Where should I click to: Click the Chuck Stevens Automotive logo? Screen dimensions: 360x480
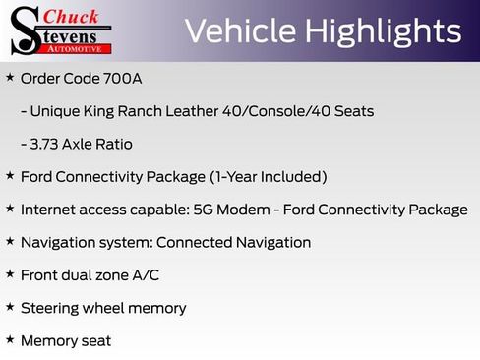[60, 30]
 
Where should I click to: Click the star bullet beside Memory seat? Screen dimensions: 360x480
[10, 339]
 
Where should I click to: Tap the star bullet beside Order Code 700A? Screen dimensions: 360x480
[10, 77]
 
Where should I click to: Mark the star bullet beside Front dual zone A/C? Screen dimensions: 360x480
[10, 274]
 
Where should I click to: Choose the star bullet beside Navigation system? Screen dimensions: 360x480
[10, 241]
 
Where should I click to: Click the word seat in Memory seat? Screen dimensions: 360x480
[95, 341]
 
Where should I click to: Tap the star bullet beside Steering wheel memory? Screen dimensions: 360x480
[10, 307]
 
